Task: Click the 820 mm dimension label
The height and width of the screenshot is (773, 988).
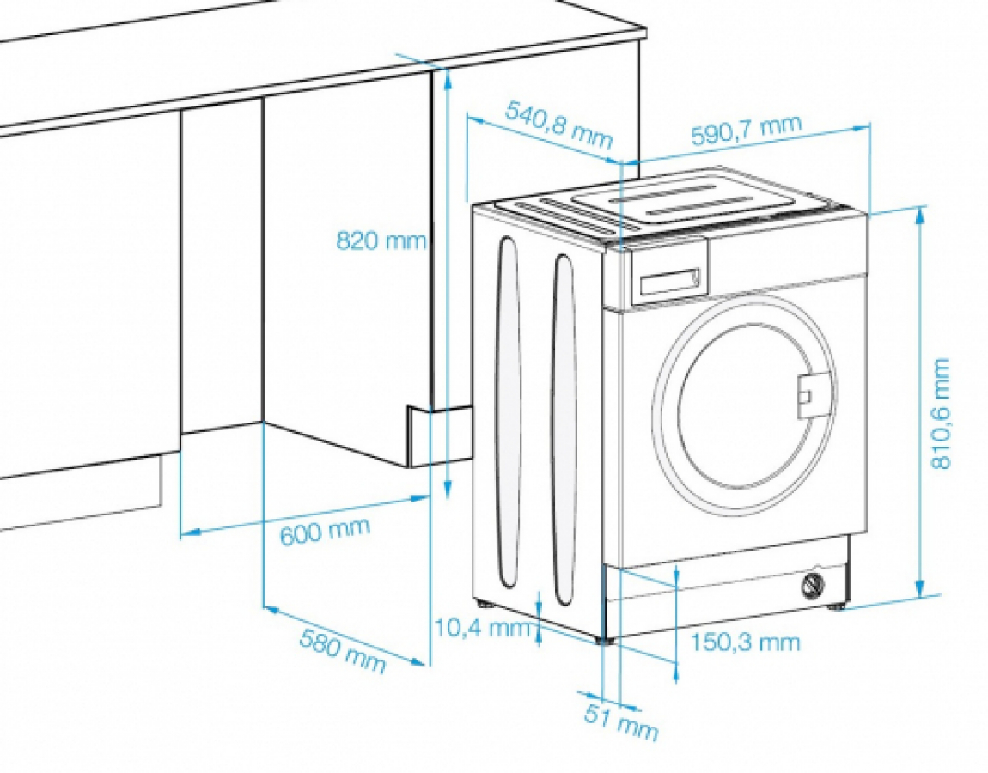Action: [x=381, y=240]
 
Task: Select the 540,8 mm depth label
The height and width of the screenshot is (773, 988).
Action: [x=559, y=125]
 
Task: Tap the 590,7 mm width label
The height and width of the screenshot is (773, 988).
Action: [x=746, y=131]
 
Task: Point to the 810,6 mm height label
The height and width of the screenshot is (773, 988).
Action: [x=941, y=413]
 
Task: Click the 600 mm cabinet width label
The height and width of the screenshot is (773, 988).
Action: [x=325, y=531]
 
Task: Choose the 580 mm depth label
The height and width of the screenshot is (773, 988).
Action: [x=342, y=650]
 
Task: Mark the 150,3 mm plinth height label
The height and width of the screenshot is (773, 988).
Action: [x=746, y=642]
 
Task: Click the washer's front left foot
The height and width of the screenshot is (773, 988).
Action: [x=607, y=639]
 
